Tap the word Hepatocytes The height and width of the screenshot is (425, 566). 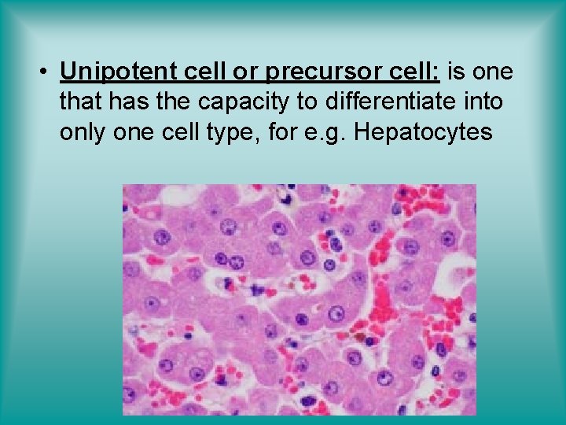pyautogui.click(x=424, y=132)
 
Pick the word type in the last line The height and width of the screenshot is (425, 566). pyautogui.click(x=231, y=132)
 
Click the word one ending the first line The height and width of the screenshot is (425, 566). pyautogui.click(x=494, y=72)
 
